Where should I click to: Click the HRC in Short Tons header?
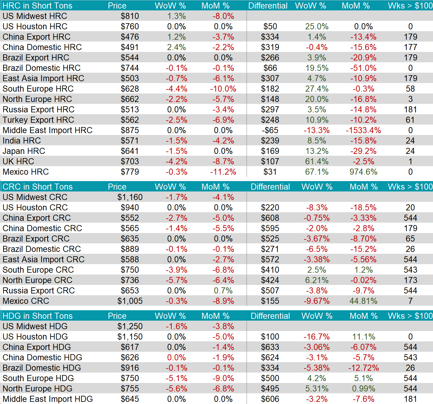[38, 5]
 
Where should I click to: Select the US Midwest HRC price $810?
[130, 16]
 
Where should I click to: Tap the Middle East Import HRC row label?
[47, 130]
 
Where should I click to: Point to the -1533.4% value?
[363, 130]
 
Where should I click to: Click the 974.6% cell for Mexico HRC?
[363, 172]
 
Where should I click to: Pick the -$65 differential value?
[270, 130]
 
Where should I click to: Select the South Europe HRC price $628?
[130, 89]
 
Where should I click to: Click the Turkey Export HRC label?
[39, 120]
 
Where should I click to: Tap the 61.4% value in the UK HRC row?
[317, 161]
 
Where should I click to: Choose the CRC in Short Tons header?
[38, 187]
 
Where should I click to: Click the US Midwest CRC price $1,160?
[130, 197]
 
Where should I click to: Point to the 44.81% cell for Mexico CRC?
[363, 301]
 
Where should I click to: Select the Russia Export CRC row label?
[39, 290]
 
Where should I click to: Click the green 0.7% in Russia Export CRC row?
[223, 290]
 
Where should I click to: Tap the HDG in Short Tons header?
[38, 316]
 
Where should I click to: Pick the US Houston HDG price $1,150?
[130, 337]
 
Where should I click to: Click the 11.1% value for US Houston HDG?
[363, 337]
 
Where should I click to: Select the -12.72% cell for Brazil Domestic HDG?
[363, 368]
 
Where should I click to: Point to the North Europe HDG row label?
[38, 388]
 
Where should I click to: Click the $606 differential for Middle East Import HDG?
[270, 399]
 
